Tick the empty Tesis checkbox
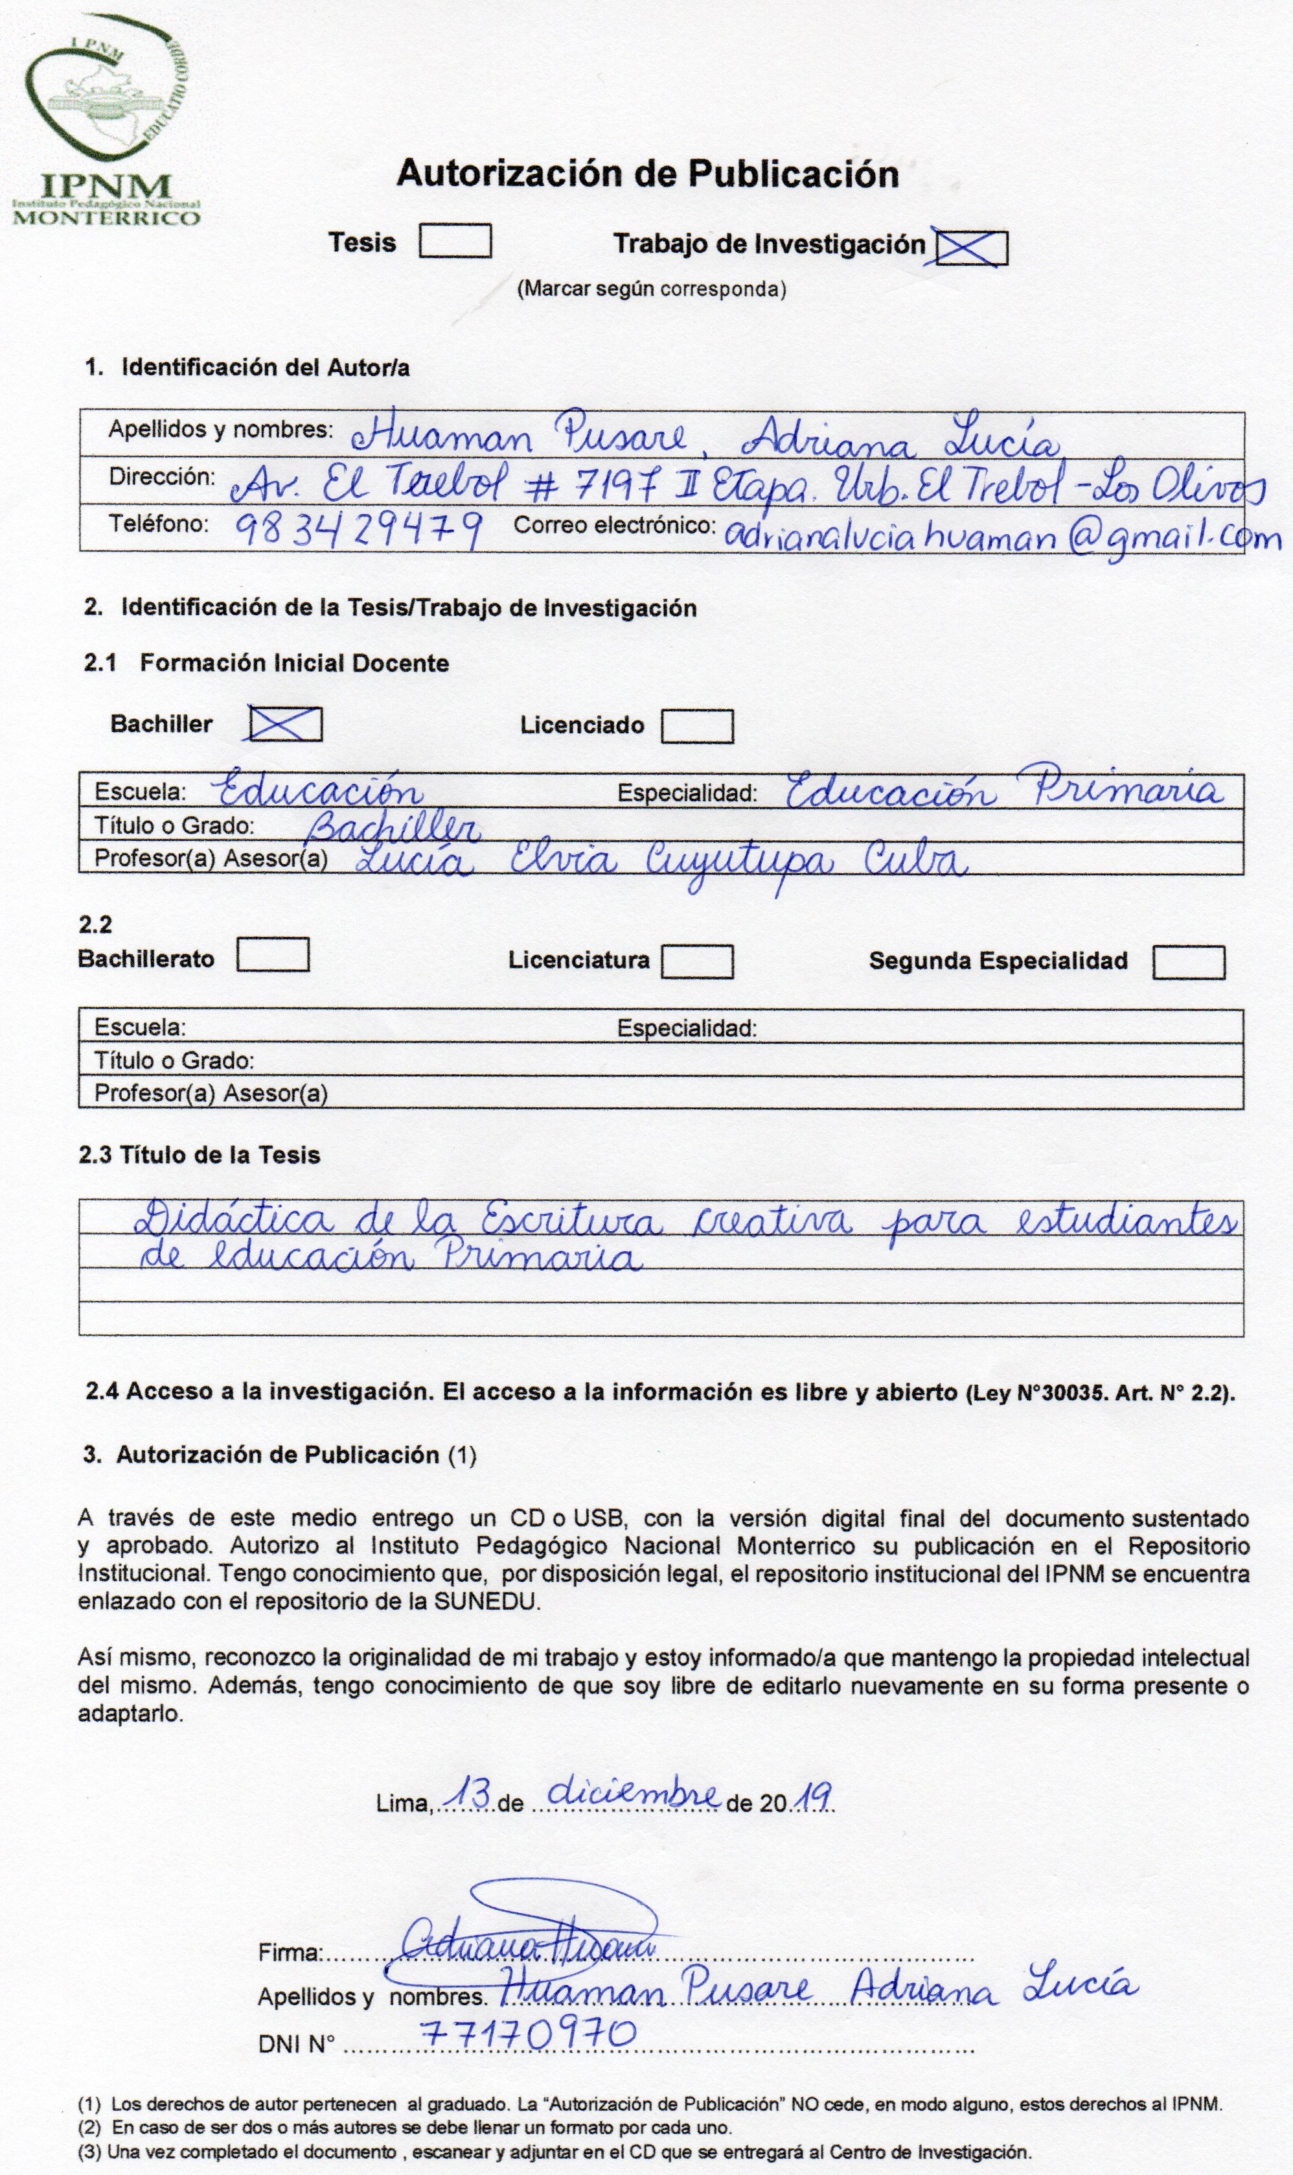click(x=455, y=241)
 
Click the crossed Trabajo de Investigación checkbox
click(x=970, y=247)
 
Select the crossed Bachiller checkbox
click(x=285, y=723)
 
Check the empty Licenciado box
click(x=696, y=726)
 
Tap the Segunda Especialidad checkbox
click(x=1189, y=963)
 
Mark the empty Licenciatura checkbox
click(x=696, y=961)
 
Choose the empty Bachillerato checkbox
click(x=273, y=954)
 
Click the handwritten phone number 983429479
click(x=359, y=528)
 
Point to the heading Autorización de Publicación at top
click(x=647, y=174)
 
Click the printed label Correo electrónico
click(x=614, y=525)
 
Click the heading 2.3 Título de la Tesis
click(x=200, y=1155)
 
